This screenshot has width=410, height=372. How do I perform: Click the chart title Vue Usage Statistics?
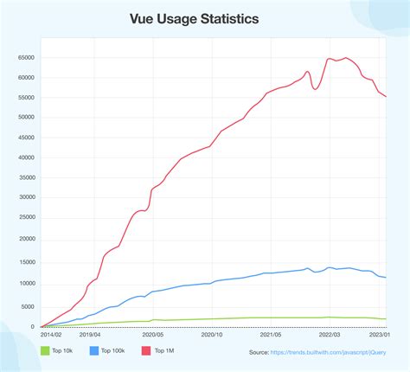coord(205,18)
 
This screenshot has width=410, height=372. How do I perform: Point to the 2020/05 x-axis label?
coord(151,334)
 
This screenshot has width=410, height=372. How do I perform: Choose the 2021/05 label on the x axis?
coord(271,334)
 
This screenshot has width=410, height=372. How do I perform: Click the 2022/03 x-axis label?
coord(330,334)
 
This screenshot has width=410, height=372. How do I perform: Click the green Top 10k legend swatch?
coord(45,350)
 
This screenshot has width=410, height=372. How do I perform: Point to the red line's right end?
coord(386,97)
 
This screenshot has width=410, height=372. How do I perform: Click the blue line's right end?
coord(386,278)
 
